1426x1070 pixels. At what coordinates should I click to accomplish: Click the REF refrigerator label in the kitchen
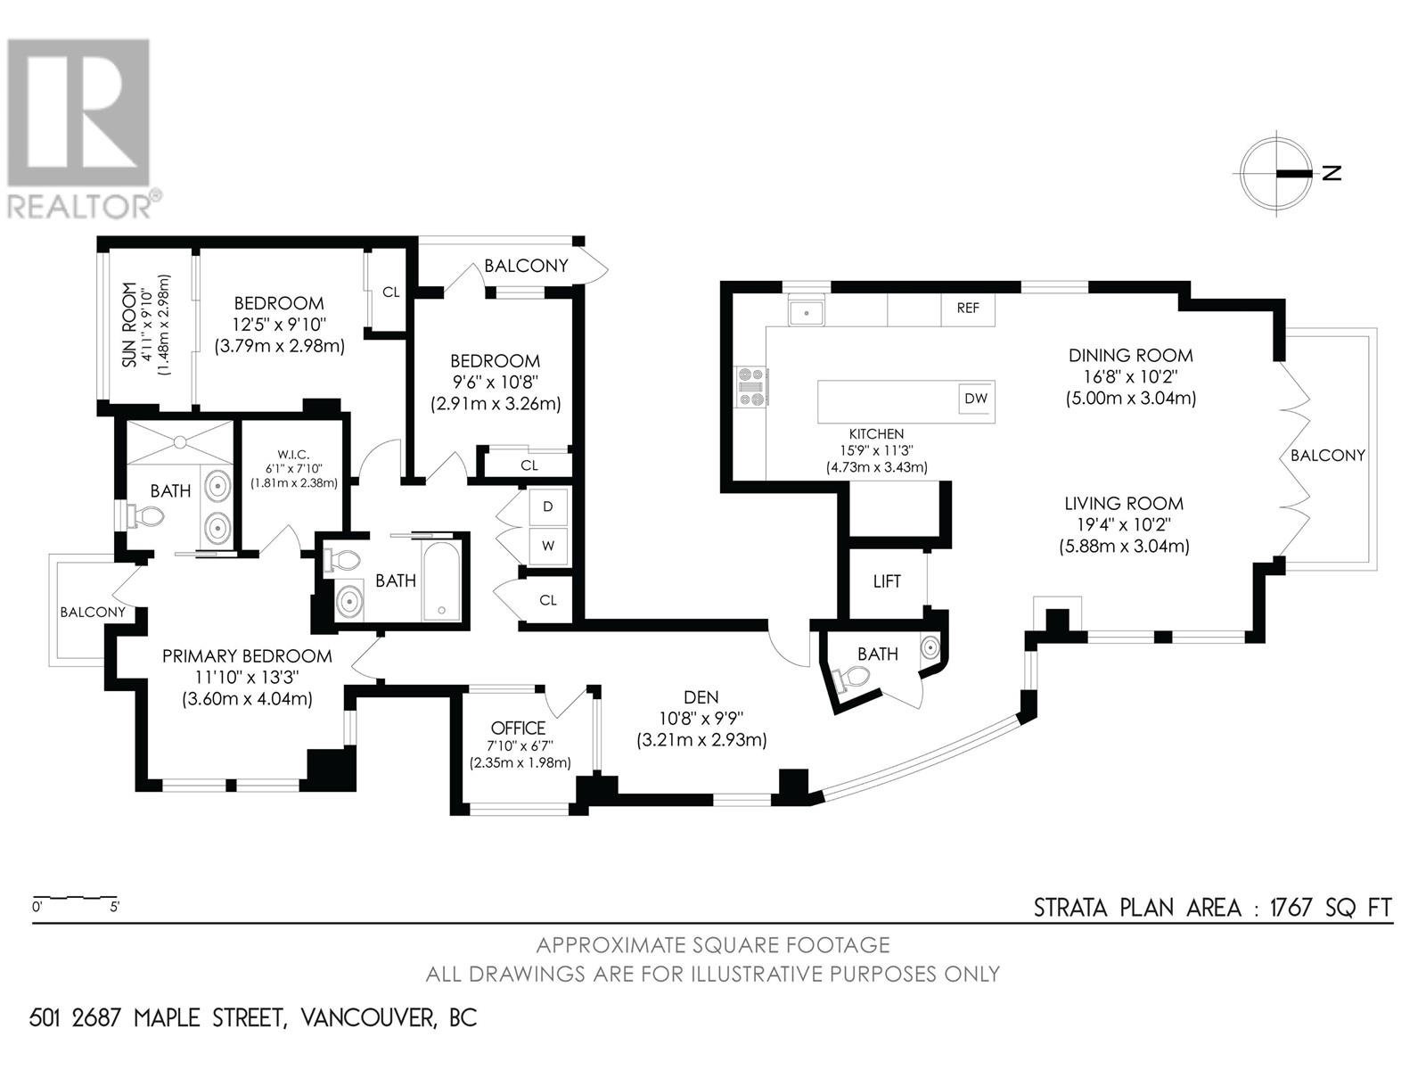click(x=968, y=309)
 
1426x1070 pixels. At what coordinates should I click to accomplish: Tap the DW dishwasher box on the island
click(x=976, y=399)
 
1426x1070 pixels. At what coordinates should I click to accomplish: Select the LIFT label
click(x=887, y=581)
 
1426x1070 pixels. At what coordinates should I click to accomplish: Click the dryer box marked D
click(x=548, y=506)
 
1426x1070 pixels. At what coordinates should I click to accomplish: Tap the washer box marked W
click(x=548, y=546)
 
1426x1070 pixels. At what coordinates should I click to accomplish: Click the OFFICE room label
click(x=517, y=728)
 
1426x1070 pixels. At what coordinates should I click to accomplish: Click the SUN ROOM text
click(x=130, y=325)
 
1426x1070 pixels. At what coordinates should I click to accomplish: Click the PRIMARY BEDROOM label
click(x=247, y=656)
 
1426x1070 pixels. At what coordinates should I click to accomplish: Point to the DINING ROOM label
click(x=1130, y=355)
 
